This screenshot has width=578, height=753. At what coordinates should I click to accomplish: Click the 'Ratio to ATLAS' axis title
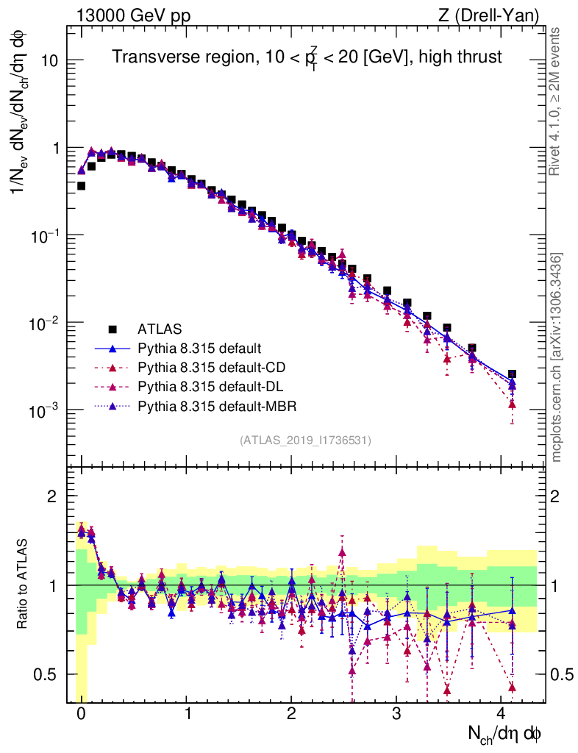click(x=24, y=585)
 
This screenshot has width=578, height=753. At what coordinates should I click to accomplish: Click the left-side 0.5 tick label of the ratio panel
click(x=49, y=674)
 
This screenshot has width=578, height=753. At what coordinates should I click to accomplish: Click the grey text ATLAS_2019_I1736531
click(x=305, y=440)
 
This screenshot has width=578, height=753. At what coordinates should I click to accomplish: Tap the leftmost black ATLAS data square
click(x=82, y=186)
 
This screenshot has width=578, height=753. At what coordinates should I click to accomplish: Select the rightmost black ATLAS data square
click(x=512, y=374)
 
